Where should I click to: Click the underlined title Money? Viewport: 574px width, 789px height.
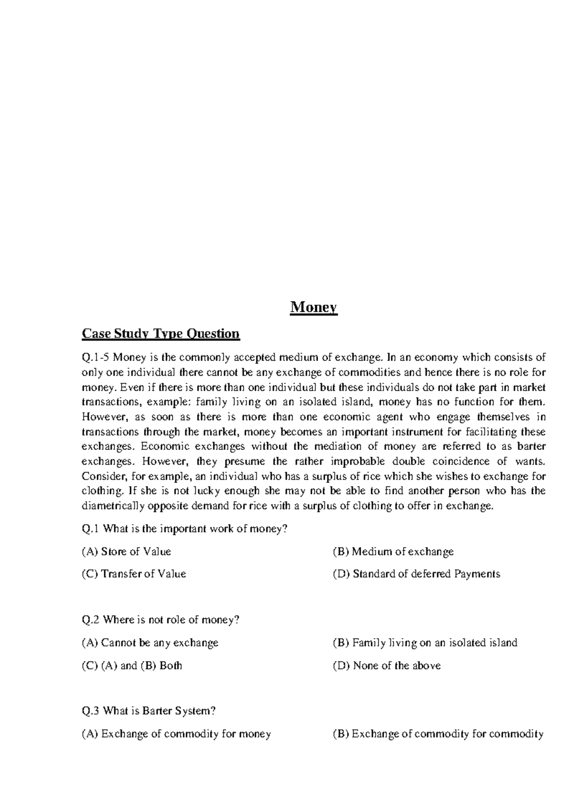(314, 307)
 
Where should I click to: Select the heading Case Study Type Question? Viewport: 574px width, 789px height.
(161, 333)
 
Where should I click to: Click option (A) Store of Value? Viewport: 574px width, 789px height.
(126, 551)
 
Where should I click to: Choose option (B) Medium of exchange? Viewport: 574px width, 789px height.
(393, 551)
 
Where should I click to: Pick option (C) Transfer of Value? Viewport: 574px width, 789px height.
(134, 574)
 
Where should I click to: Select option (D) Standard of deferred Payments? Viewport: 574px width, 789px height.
(416, 574)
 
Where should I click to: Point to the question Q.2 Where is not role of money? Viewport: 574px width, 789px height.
(161, 620)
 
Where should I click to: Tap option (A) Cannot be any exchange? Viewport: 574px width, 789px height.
(150, 643)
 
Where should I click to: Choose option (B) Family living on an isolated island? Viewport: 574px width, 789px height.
(425, 643)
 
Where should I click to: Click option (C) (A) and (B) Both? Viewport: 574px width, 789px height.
(132, 666)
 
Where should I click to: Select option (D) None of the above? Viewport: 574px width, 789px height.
(386, 666)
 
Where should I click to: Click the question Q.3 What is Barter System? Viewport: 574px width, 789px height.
(149, 711)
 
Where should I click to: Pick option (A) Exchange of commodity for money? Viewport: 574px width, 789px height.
(177, 734)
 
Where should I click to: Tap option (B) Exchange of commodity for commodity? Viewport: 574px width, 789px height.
(438, 734)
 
